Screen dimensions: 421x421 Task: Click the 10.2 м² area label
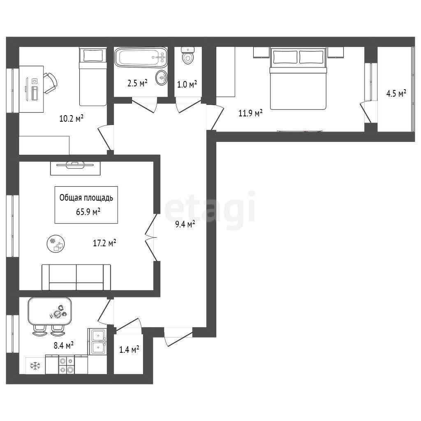pos(71,118)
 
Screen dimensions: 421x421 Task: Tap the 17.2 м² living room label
pos(104,243)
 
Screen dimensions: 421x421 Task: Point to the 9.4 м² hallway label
pos(185,224)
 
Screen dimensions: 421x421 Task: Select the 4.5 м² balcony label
pos(396,93)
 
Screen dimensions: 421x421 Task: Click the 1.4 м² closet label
pos(129,349)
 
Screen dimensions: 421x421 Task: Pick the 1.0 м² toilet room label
pos(187,84)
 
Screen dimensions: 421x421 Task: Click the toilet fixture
pos(187,55)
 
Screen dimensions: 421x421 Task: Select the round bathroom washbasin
pos(162,78)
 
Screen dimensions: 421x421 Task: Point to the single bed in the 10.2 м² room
pos(93,76)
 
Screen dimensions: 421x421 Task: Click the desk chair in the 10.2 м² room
pos(50,83)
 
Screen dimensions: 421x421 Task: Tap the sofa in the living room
pos(76,277)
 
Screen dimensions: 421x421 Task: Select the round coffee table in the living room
pos(56,243)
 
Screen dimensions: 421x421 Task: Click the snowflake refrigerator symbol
pos(35,365)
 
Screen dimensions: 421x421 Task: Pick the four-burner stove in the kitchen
pos(67,364)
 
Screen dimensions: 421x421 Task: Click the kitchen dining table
pos(50,311)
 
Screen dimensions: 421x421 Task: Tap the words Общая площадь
pos(86,198)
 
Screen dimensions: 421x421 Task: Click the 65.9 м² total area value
pos(88,212)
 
